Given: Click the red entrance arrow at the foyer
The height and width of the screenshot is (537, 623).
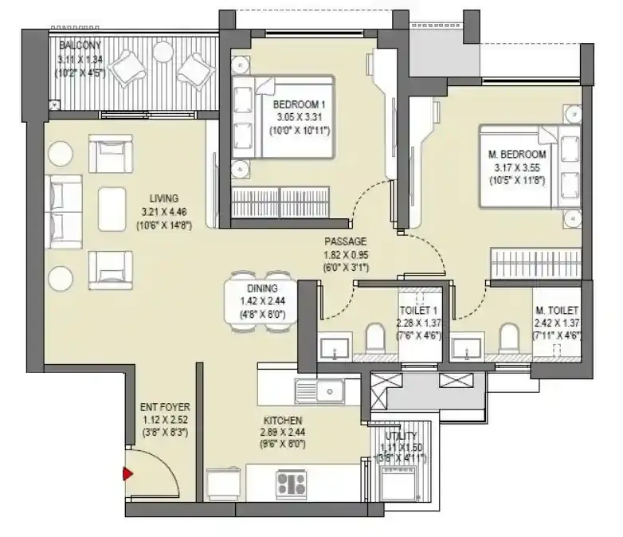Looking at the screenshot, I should [x=126, y=475].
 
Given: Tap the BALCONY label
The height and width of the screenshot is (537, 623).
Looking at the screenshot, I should [x=74, y=46].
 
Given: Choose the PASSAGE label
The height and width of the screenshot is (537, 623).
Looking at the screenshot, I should [x=345, y=241].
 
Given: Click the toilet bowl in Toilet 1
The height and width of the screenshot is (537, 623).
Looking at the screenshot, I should [x=374, y=339].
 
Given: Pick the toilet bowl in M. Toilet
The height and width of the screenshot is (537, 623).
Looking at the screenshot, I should [x=507, y=339].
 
